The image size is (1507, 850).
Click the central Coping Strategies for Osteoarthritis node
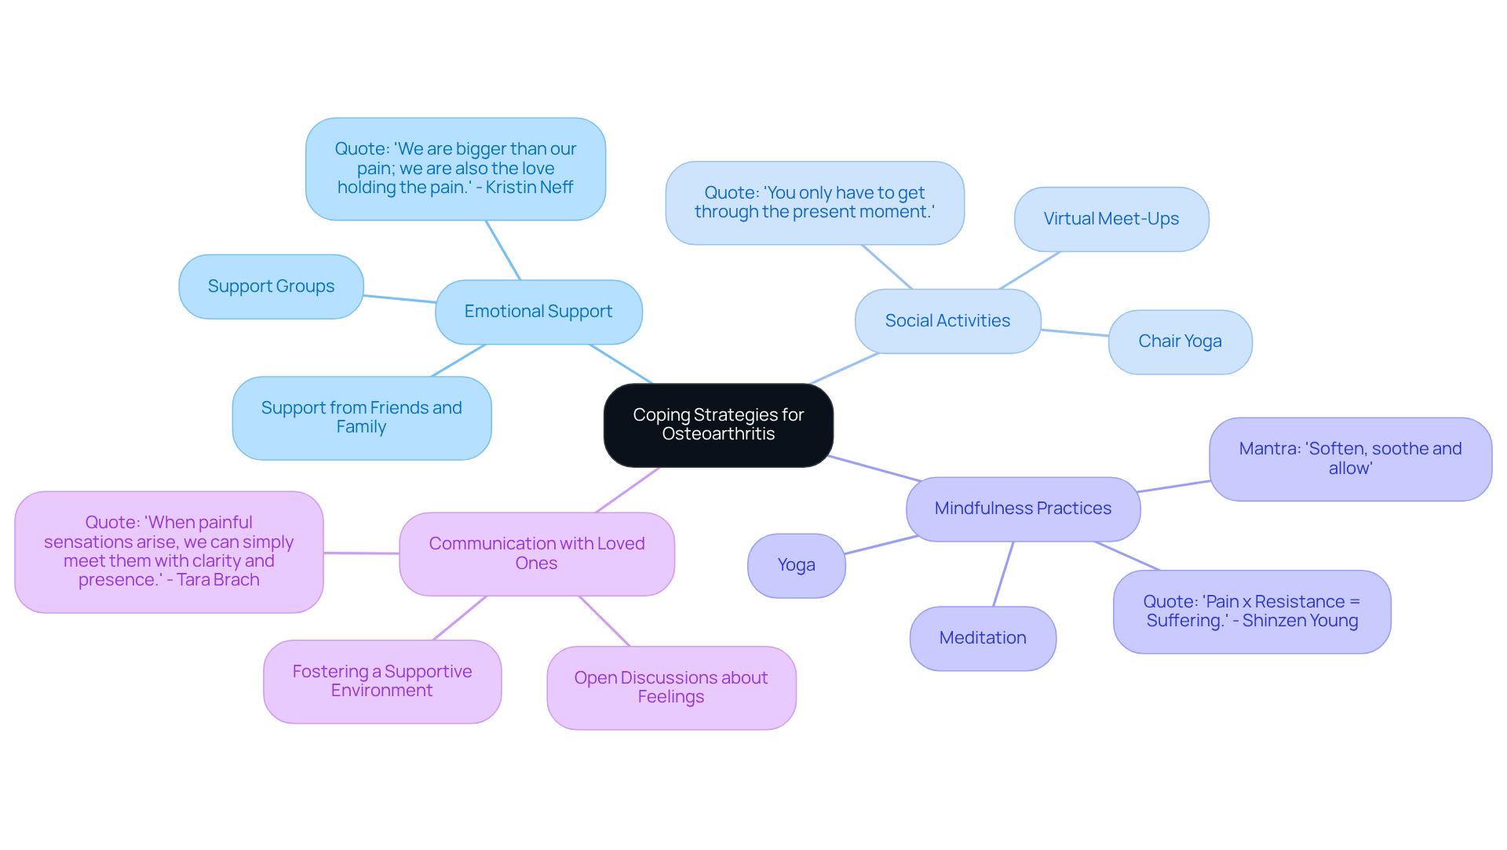718,425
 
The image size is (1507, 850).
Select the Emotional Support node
538,312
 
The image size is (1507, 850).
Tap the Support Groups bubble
271,286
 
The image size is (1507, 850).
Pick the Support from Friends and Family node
361,418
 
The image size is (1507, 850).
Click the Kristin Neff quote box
455,169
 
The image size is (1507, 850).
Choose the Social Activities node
947,321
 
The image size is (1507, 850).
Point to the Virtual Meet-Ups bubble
1111,219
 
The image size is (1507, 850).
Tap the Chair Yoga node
1180,341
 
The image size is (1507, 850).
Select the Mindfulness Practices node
1023,509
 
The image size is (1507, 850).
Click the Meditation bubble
983,638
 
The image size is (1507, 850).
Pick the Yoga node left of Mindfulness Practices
796,565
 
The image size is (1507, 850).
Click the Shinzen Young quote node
1252,611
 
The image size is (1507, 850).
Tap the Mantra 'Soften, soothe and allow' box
1350,458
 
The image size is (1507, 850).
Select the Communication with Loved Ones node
536,553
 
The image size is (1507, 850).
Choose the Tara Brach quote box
169,552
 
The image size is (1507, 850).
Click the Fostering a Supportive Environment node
382,681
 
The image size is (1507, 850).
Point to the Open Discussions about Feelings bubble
671,688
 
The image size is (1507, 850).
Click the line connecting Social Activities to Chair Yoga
1075,333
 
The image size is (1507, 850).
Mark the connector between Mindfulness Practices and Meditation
1004,574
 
